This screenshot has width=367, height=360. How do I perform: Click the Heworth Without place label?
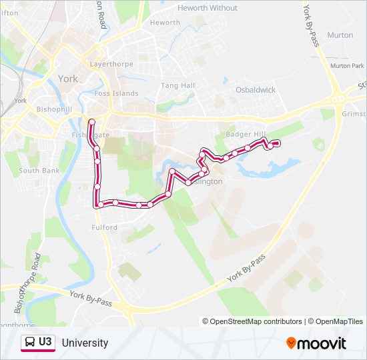[x=208, y=8]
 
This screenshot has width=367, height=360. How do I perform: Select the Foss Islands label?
[x=117, y=94]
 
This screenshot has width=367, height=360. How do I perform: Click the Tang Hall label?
[x=178, y=86]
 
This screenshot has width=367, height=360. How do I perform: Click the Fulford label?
[x=105, y=228]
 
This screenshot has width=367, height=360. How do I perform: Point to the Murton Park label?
[x=348, y=66]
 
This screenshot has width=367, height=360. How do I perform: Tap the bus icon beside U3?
[x=29, y=343]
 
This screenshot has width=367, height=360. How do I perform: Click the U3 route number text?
[x=45, y=343]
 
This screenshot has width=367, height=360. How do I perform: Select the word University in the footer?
[x=85, y=343]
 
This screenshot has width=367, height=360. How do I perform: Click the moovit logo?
[x=316, y=343]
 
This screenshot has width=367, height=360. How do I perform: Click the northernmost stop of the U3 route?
[x=91, y=121]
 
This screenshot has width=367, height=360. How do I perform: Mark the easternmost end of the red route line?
[x=277, y=143]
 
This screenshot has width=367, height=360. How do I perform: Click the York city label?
[x=68, y=79]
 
